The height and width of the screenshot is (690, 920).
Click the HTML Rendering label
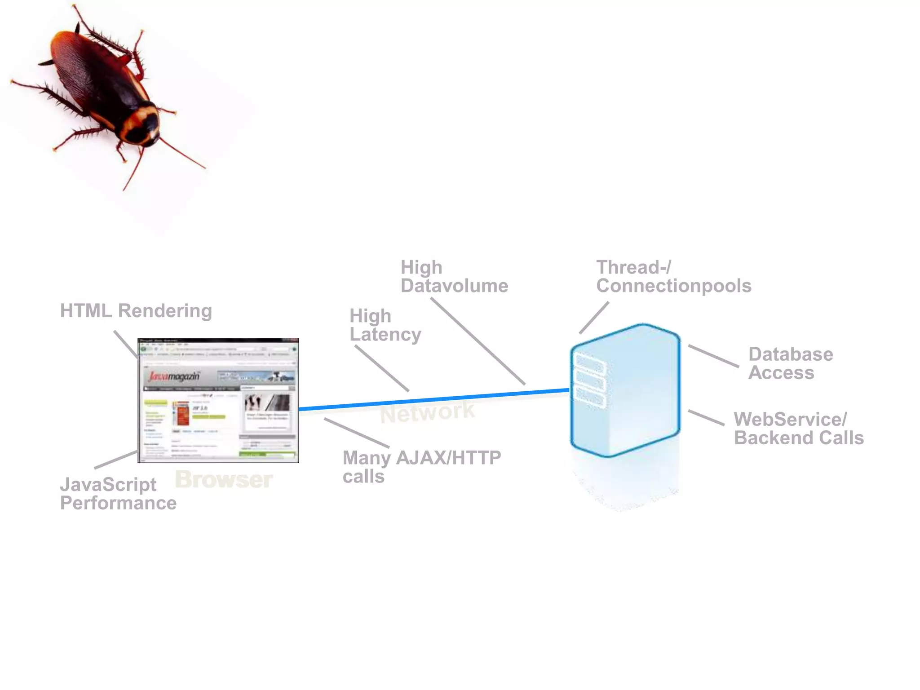tap(136, 311)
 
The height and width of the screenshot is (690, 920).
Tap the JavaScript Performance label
tap(118, 494)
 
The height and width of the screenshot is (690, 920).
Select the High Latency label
tap(385, 325)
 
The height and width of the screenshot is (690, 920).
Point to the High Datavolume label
tap(454, 277)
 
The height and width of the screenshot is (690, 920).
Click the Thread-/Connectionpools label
tap(673, 277)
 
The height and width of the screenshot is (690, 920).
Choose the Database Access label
tap(790, 363)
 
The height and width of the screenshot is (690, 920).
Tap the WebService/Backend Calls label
tap(798, 429)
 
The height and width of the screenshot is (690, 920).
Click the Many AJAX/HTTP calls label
tap(421, 467)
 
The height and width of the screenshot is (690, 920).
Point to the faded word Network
tap(427, 412)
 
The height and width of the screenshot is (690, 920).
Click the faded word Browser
tap(224, 479)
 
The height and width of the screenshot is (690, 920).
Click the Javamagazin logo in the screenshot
tap(174, 376)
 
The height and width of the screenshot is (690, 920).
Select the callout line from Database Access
tap(713, 356)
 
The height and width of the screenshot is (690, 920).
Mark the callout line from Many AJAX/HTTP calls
tap(357, 433)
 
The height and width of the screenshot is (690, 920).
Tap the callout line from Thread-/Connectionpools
tap(594, 318)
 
